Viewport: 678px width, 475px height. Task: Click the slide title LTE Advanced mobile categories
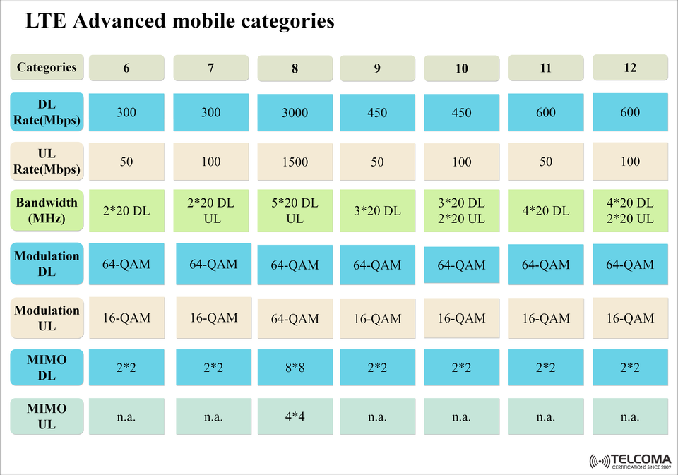pyautogui.click(x=179, y=21)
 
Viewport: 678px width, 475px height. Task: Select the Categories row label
pyautogui.click(x=47, y=68)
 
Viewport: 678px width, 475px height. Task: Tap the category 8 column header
pyautogui.click(x=295, y=69)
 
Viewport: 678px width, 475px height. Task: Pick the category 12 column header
pyautogui.click(x=630, y=68)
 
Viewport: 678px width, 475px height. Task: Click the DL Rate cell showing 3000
pyautogui.click(x=295, y=113)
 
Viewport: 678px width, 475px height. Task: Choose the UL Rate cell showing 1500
pyautogui.click(x=295, y=162)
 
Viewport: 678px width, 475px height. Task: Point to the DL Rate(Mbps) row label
pyautogui.click(x=47, y=112)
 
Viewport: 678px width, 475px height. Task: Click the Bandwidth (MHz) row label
pyautogui.click(x=47, y=210)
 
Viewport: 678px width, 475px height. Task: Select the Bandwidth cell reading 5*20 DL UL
pyautogui.click(x=295, y=211)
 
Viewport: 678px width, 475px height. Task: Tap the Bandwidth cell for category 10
pyautogui.click(x=461, y=211)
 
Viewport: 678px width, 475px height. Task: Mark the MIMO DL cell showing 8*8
pyautogui.click(x=295, y=368)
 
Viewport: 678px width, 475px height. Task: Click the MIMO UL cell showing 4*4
pyautogui.click(x=295, y=416)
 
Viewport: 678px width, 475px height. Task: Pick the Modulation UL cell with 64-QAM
pyautogui.click(x=295, y=319)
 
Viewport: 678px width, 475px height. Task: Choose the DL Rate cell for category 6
pyautogui.click(x=126, y=112)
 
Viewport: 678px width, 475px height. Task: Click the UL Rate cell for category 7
pyautogui.click(x=210, y=162)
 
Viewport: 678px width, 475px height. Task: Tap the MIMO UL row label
pyautogui.click(x=47, y=416)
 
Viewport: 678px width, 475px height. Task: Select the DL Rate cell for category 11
pyautogui.click(x=546, y=112)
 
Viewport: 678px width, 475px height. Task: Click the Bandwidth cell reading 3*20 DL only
pyautogui.click(x=377, y=210)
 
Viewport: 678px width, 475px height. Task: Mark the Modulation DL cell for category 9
pyautogui.click(x=377, y=265)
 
